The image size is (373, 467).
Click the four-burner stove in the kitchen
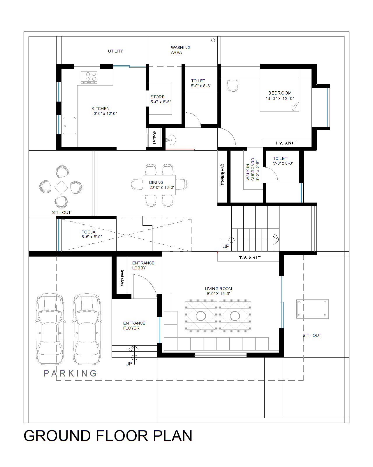pyautogui.click(x=89, y=77)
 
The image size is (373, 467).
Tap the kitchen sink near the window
pyautogui.click(x=69, y=126)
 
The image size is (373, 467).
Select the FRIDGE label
pyautogui.click(x=154, y=137)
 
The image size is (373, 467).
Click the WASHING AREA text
pyautogui.click(x=180, y=50)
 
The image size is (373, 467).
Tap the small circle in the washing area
pyautogui.click(x=213, y=40)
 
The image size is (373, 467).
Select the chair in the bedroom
pyautogui.click(x=233, y=86)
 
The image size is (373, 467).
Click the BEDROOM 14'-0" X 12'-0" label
pyautogui.click(x=279, y=96)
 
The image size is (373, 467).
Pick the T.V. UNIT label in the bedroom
pyautogui.click(x=286, y=143)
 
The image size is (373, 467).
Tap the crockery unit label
pyautogui.click(x=223, y=174)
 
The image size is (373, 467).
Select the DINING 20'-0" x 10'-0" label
pyautogui.click(x=161, y=185)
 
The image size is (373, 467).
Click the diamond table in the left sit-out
pyautogui.click(x=61, y=187)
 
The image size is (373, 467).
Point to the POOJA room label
pyautogui.click(x=91, y=234)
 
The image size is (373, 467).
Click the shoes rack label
pyautogui.click(x=122, y=278)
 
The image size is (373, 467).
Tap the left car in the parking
pyautogui.click(x=50, y=329)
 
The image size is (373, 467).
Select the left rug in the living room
pyautogui.click(x=200, y=316)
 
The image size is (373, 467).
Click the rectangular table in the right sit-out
pyautogui.click(x=312, y=309)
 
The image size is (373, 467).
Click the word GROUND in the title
pyautogui.click(x=57, y=436)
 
